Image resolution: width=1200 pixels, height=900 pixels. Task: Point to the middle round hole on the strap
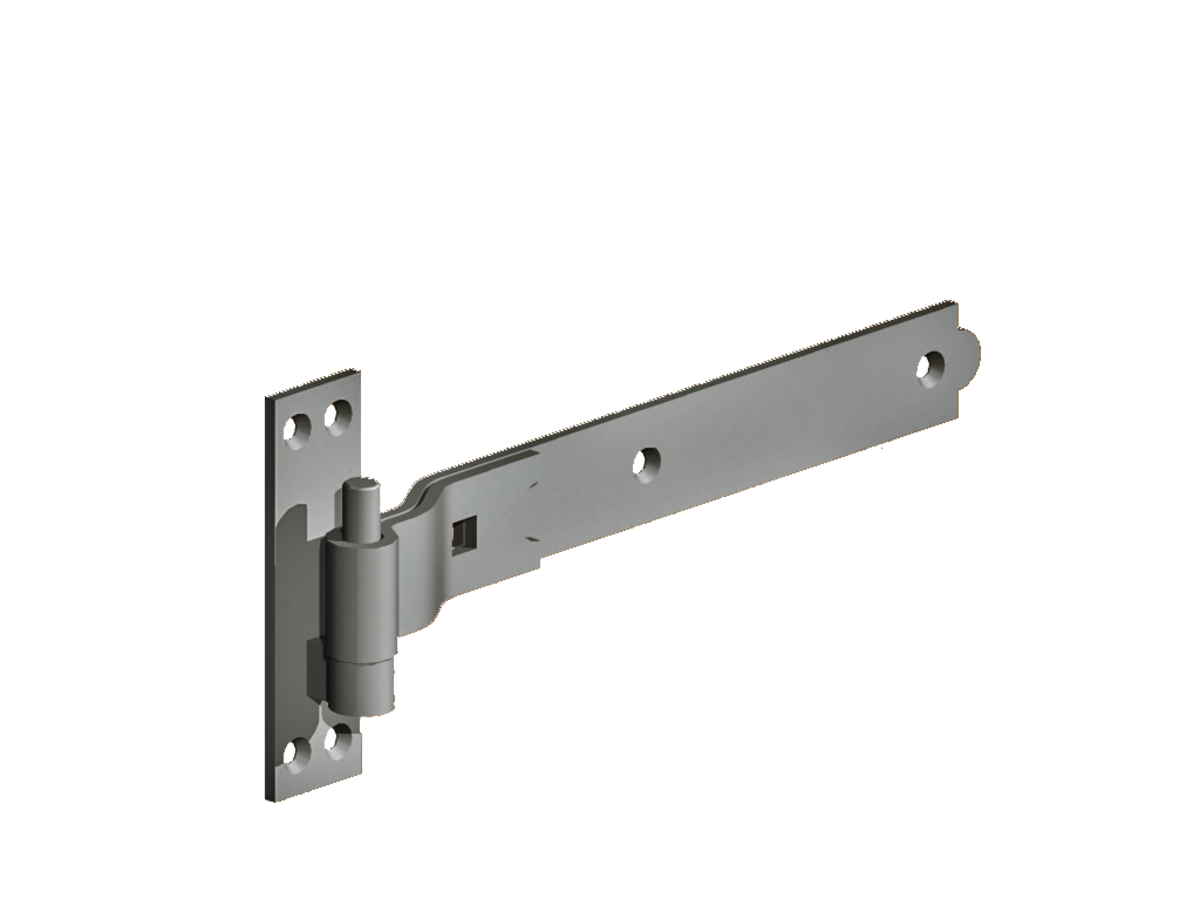pyautogui.click(x=647, y=461)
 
